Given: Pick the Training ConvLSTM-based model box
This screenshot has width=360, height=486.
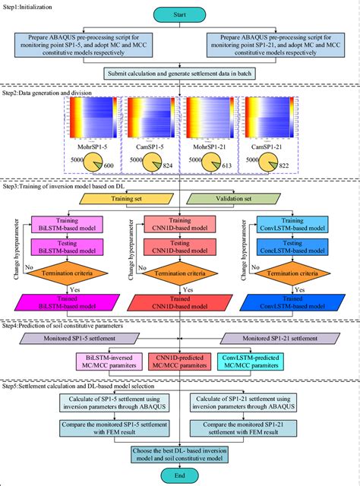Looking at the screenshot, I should pos(289,223).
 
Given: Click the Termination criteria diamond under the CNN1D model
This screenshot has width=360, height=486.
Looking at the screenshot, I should pos(180,271).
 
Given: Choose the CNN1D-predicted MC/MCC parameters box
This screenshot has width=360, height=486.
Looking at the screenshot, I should pos(180,358).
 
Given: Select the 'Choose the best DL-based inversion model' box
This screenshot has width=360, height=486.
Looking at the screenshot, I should pos(180,453).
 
